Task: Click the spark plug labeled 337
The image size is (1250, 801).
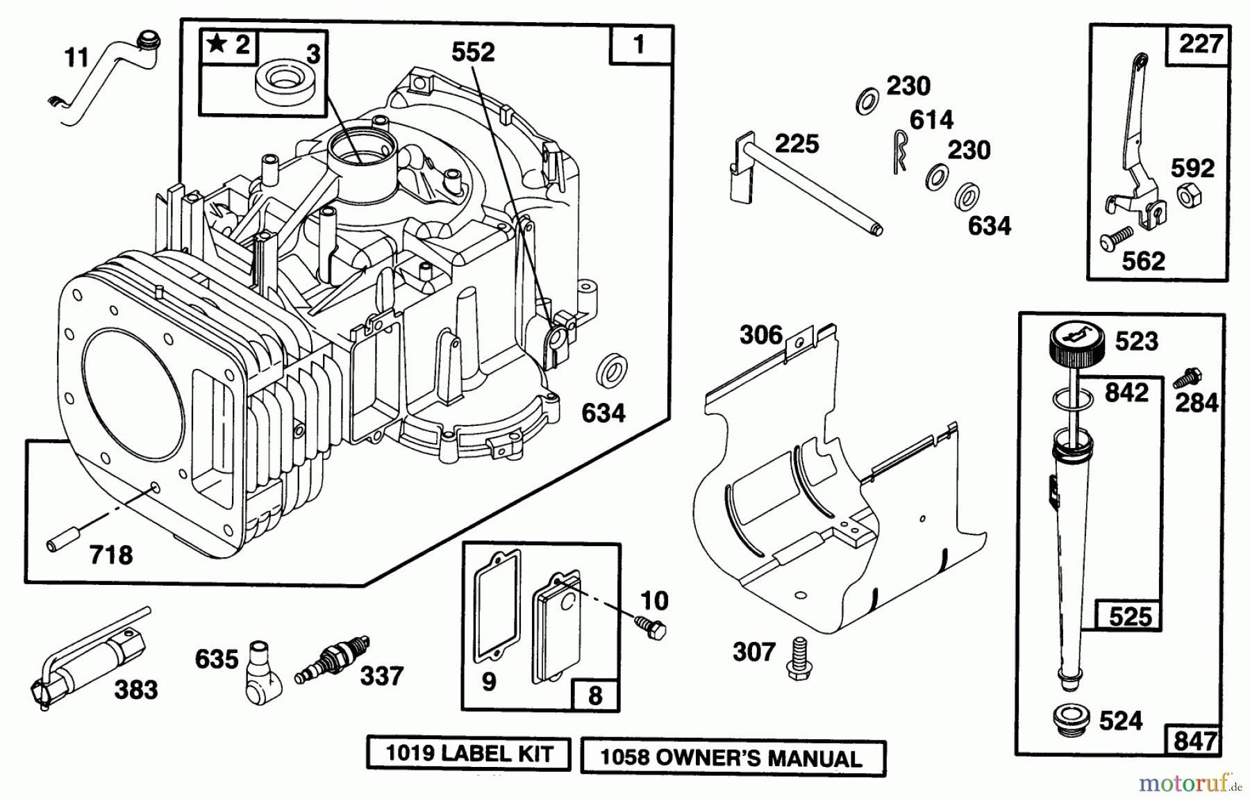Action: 332,658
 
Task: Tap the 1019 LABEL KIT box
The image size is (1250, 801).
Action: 469,754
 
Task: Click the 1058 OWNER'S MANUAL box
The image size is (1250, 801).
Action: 733,758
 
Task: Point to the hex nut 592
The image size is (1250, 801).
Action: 1189,197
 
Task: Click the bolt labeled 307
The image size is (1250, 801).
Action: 799,657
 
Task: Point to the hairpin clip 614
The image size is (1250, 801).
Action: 900,151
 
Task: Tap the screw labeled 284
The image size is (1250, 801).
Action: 1185,379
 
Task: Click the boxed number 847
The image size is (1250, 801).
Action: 1194,741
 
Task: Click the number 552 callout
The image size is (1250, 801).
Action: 473,52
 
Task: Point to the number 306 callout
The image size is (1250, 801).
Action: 761,336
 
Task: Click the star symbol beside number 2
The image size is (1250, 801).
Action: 217,45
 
